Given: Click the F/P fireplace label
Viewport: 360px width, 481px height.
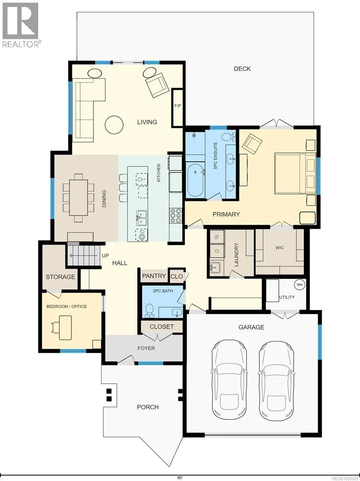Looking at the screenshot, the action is coord(178,106).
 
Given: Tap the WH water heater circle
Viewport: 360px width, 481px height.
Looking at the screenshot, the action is coord(299,285).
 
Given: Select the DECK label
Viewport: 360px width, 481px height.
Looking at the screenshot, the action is coord(242,69).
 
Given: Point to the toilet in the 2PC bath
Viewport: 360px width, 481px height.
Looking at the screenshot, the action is coord(150,310).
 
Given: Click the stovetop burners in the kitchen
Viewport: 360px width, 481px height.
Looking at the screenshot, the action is coord(176,216).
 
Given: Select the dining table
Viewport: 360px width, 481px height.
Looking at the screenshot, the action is coord(79,198).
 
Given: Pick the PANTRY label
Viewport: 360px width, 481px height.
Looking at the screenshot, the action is coord(154,276).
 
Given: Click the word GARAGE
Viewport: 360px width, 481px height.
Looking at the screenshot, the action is coord(251,327).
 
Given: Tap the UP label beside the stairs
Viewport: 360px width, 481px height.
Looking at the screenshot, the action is coord(105,255).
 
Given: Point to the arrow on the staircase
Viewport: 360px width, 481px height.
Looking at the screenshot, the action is coord(83,255).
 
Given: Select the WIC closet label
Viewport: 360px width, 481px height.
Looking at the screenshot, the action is coord(279,248).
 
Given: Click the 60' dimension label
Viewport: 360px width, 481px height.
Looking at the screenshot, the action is coord(180,475).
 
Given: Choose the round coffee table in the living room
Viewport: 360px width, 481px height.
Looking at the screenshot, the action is coord(114,125).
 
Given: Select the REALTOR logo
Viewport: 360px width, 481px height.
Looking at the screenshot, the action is coord(20,25).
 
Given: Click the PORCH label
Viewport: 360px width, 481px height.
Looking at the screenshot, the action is coord(148,407).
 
